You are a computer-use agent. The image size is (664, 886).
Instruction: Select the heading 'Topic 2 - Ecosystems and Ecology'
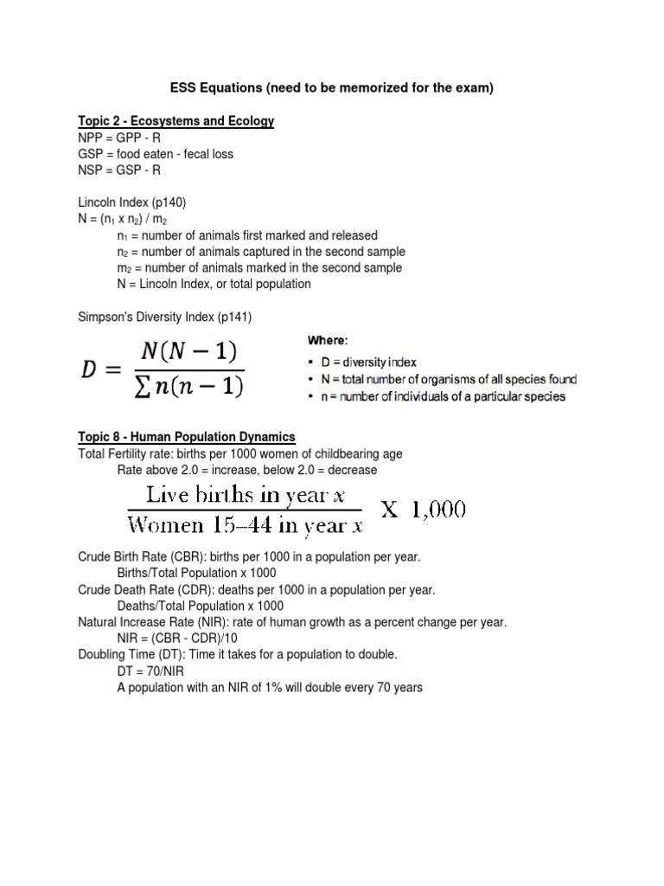click(x=176, y=121)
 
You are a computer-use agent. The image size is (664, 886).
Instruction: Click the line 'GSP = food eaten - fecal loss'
click(x=156, y=154)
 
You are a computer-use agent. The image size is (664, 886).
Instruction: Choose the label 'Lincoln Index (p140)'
click(x=132, y=202)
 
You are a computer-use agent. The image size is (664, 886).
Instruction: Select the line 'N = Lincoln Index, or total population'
click(x=214, y=284)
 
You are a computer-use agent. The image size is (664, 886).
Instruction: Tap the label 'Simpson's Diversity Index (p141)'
click(x=164, y=317)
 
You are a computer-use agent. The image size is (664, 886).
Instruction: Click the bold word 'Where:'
click(x=328, y=340)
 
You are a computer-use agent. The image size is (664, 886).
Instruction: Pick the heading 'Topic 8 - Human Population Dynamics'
click(x=187, y=437)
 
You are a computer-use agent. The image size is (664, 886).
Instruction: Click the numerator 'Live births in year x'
click(x=237, y=496)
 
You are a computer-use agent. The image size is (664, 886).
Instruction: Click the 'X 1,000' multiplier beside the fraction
click(x=424, y=510)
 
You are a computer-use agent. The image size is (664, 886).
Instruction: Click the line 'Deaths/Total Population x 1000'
click(x=200, y=606)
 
